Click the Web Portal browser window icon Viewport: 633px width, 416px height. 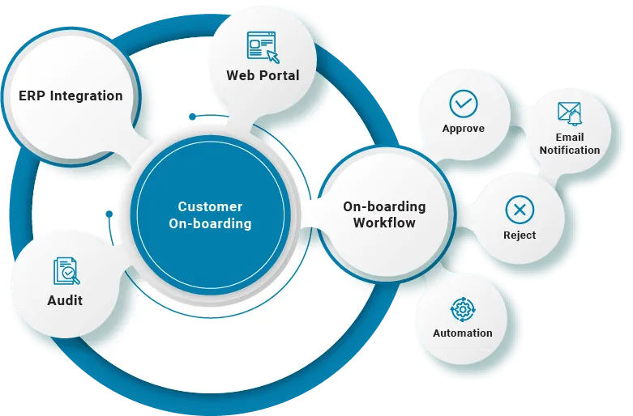(x=262, y=47)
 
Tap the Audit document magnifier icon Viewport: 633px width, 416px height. (x=66, y=271)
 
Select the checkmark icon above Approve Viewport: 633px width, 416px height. (x=464, y=104)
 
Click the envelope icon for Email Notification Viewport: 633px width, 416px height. (x=570, y=113)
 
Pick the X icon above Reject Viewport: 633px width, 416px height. (x=519, y=210)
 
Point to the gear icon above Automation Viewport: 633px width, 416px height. (x=463, y=308)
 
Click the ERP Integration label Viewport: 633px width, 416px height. (x=71, y=96)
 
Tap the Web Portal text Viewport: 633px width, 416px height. (x=263, y=75)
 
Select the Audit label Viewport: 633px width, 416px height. (x=65, y=301)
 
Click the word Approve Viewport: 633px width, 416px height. (x=464, y=129)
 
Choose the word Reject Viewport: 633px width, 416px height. (x=519, y=236)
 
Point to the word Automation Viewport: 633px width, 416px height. (x=463, y=333)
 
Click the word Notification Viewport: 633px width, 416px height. (x=570, y=150)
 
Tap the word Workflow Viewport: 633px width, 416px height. (x=384, y=223)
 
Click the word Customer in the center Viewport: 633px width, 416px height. (x=210, y=207)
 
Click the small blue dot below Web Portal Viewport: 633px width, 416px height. (x=192, y=117)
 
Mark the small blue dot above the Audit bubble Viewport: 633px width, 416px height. (x=108, y=214)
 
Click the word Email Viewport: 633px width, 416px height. (x=570, y=138)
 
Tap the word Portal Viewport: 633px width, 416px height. (x=280, y=75)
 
